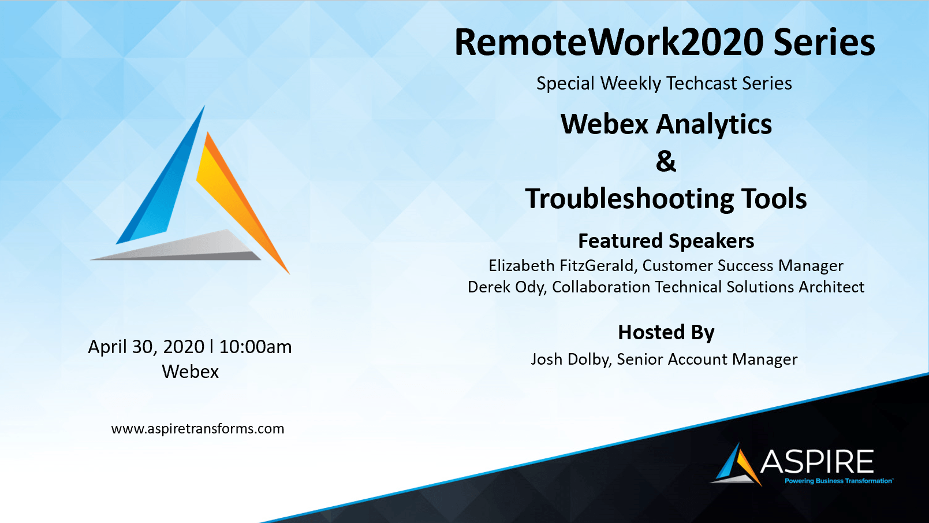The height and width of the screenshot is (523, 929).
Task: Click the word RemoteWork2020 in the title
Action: point(609,42)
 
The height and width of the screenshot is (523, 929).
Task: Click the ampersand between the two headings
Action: point(666,161)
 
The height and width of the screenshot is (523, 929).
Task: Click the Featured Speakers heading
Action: point(666,241)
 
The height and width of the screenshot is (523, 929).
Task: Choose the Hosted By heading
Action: point(666,332)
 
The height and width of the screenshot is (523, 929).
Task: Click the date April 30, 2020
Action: point(147,347)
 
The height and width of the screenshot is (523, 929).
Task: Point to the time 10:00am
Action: point(255,347)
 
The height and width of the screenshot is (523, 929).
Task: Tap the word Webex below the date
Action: point(191,372)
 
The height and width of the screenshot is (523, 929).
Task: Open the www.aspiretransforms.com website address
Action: point(198,429)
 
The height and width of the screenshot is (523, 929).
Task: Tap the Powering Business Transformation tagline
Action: point(838,481)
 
